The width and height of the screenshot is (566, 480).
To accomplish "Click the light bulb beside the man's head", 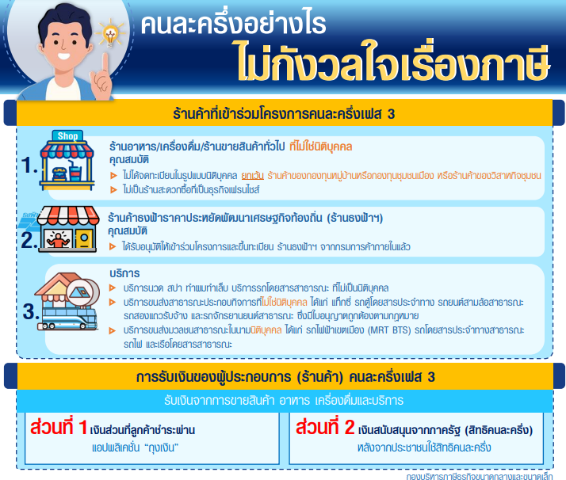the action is tap(110, 34).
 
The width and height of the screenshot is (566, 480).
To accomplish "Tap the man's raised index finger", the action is tap(105, 64).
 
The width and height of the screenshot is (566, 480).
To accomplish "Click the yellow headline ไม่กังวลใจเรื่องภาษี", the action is tap(393, 62).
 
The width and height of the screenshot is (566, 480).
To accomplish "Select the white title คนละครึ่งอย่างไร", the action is tap(234, 24).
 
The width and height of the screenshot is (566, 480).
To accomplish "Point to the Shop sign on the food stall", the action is tap(67, 136).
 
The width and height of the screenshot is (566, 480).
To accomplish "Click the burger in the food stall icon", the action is tap(59, 173).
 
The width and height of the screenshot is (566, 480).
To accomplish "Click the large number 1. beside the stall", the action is tap(29, 166).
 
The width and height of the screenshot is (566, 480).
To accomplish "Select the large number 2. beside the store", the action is tap(29, 240).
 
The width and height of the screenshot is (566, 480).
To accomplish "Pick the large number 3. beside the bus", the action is tap(31, 311).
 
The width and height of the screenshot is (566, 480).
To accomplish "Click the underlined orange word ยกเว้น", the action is tap(252, 176).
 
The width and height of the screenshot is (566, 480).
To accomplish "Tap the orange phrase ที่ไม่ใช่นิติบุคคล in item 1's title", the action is tap(320, 147).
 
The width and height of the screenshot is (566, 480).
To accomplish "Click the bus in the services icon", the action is tap(69, 318).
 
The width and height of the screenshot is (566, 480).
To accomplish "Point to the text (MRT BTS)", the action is tap(389, 330).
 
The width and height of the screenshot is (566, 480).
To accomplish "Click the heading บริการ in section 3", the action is tap(124, 273).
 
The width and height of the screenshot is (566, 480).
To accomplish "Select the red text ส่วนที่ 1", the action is tap(59, 427).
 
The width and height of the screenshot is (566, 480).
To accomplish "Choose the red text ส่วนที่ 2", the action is tap(325, 427).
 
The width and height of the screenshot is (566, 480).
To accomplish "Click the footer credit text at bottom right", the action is tap(480, 476).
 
